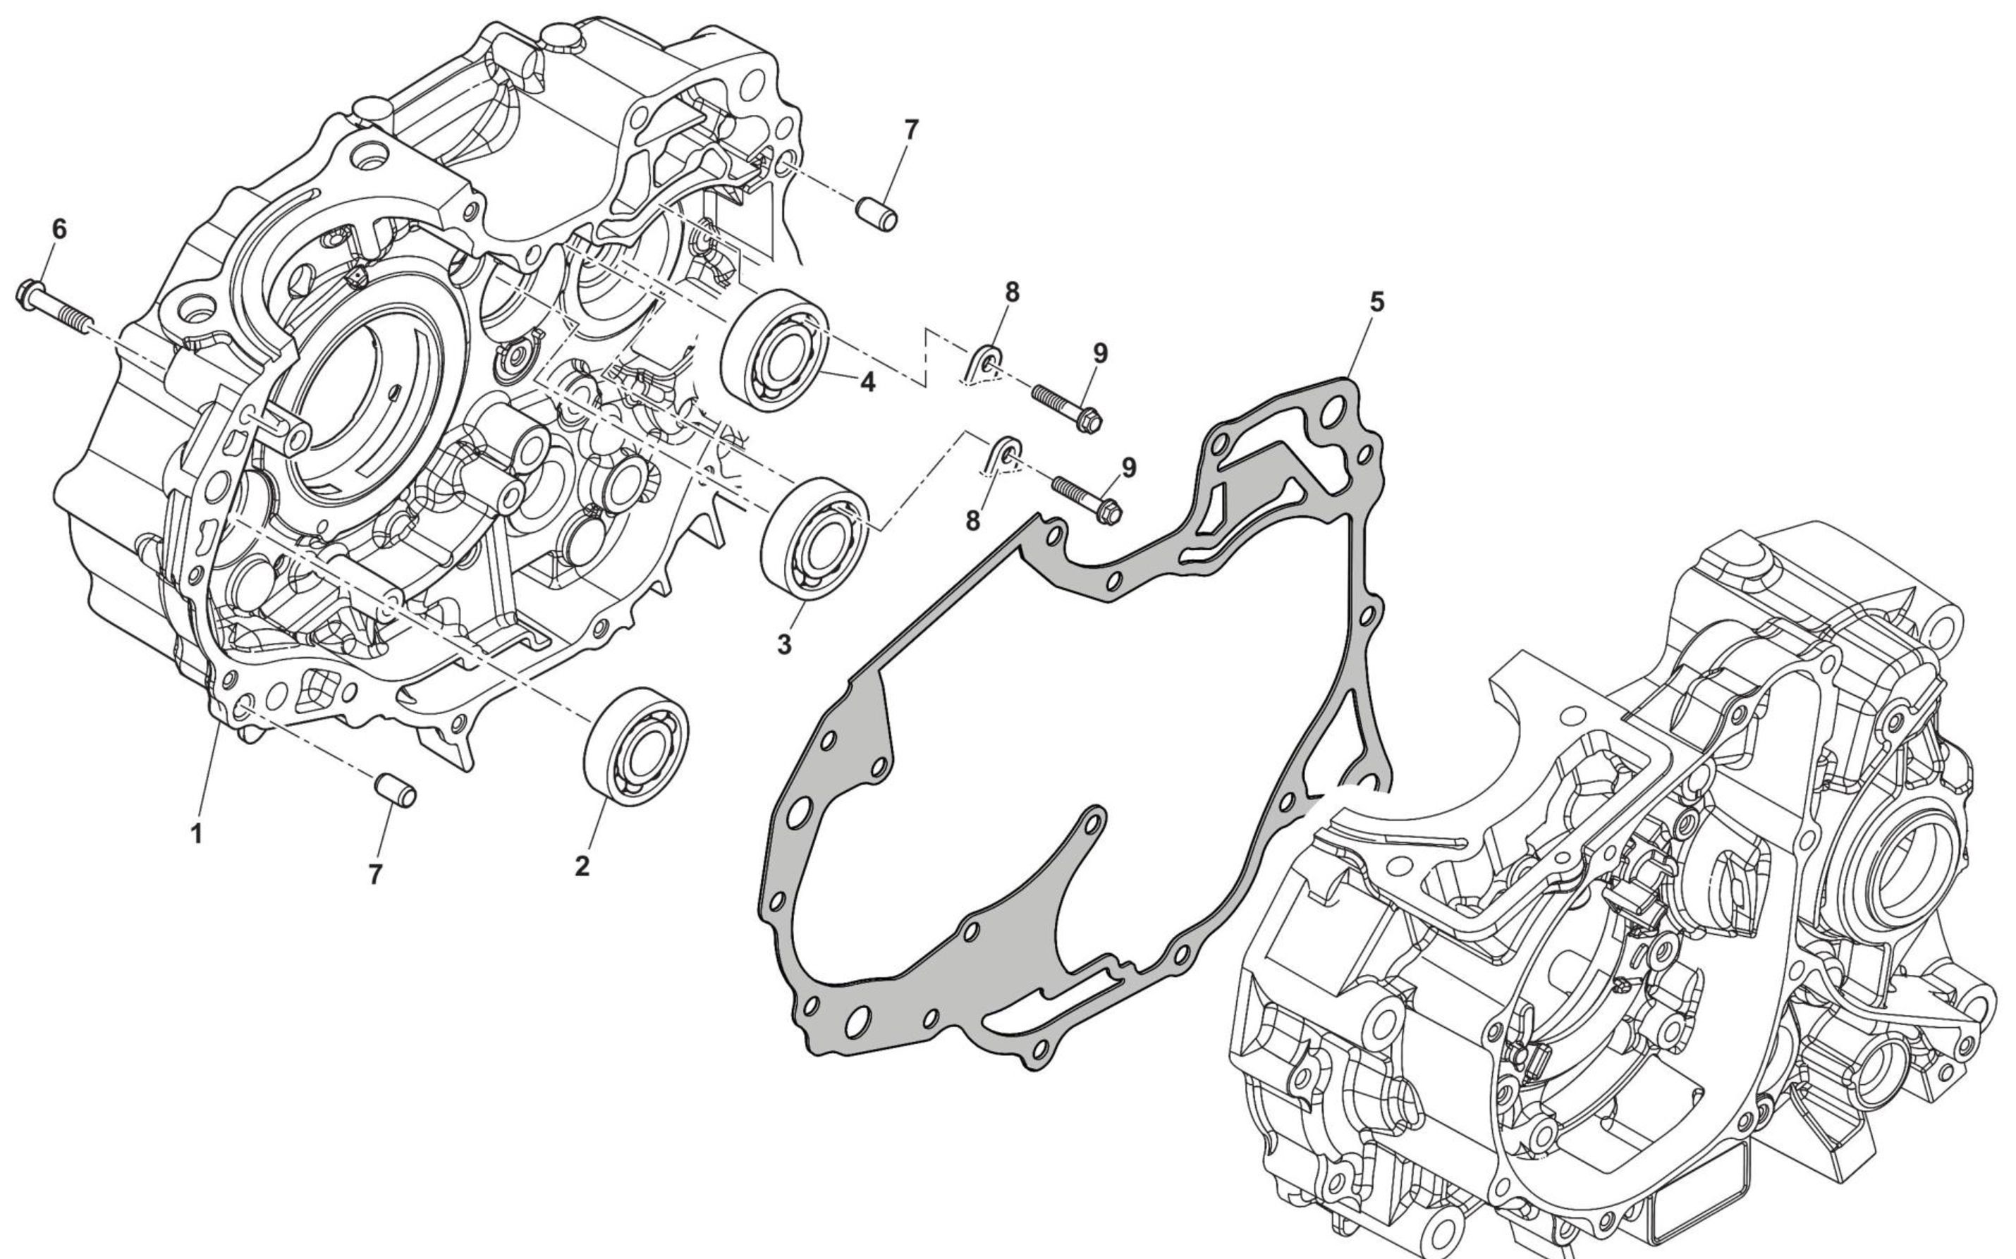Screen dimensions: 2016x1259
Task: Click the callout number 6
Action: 59,230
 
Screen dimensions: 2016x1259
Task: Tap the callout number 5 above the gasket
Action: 1376,302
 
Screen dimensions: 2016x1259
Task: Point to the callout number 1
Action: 197,833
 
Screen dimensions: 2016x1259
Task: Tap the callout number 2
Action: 582,866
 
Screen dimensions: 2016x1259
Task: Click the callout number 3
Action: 784,644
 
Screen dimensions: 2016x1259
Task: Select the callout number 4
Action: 868,382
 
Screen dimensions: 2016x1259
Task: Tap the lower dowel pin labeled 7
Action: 395,790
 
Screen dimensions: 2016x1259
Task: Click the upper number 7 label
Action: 911,130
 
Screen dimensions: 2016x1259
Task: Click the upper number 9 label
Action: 1100,354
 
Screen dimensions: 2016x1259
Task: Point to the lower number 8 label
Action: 972,521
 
